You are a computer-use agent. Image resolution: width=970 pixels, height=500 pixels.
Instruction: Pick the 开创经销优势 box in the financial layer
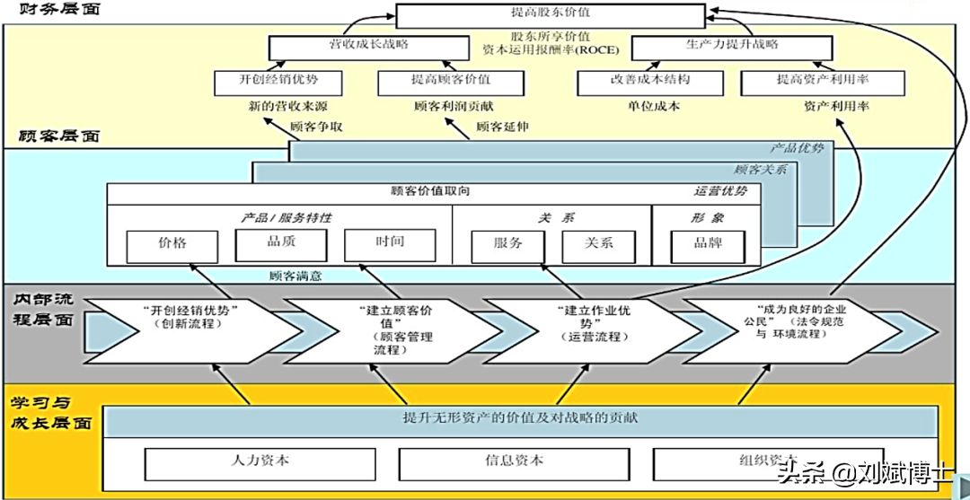(278, 81)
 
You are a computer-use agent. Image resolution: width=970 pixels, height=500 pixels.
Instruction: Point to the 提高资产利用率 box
(822, 81)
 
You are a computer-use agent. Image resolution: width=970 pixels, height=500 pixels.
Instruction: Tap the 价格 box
(172, 243)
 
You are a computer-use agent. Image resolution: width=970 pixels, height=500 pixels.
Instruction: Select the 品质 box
(282, 242)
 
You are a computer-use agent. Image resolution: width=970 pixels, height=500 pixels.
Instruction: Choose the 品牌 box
(708, 243)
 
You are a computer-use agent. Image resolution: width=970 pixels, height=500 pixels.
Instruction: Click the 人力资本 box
(260, 461)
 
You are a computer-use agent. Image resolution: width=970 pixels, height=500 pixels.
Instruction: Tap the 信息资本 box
(514, 461)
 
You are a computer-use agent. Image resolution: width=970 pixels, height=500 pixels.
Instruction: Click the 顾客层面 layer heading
(59, 136)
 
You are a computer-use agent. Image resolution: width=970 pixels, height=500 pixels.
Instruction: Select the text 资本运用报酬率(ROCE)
(550, 49)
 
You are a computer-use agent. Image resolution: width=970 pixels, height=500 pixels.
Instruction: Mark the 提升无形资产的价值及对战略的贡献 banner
(521, 419)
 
